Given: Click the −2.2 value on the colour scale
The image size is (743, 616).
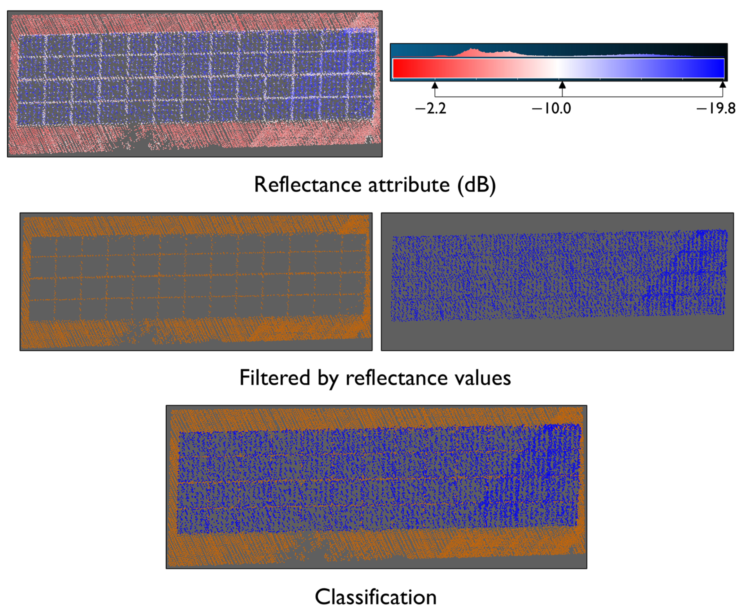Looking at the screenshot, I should pos(431,108).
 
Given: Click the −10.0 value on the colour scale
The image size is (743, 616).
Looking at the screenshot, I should pos(552,108).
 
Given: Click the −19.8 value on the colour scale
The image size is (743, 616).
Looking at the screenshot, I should pos(716,108).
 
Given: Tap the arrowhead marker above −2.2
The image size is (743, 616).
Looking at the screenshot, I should pos(435,85).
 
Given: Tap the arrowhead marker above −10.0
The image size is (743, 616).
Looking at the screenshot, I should pos(562,85).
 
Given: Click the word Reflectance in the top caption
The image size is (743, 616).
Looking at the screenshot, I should pos(307,185).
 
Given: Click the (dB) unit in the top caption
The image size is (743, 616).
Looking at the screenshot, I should pos(477,185).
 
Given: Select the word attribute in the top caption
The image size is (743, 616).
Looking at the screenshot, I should pos(409,185).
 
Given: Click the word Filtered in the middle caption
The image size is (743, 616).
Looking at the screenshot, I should pos(275,378).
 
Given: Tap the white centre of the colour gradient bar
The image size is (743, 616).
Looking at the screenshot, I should pos(559,68).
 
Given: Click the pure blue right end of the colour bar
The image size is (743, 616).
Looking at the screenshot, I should pos(720,68).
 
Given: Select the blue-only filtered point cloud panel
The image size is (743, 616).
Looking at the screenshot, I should pos(557,282).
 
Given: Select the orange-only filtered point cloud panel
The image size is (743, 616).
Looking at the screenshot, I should pos(196,282).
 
